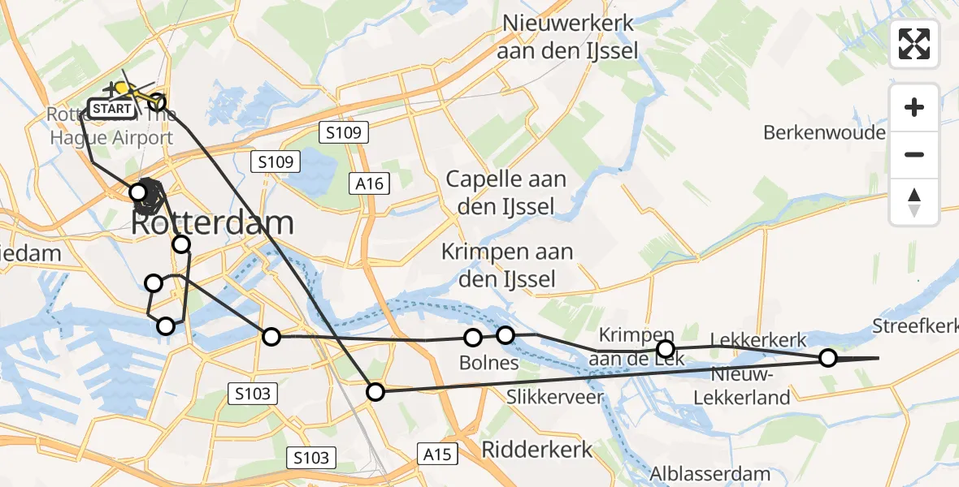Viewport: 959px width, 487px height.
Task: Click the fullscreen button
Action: tap(914, 44)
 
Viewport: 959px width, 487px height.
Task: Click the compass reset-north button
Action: tap(914, 202)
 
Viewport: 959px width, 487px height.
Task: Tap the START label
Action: tap(110, 108)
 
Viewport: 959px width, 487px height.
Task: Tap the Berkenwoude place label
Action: tap(824, 132)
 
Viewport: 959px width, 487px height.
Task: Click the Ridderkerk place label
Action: tap(537, 449)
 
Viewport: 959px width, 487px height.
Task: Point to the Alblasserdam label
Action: tap(709, 473)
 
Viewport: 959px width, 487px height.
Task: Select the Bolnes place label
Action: tap(488, 363)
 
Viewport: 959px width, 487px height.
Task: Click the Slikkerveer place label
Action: tap(554, 397)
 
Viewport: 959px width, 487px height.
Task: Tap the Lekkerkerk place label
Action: tap(757, 339)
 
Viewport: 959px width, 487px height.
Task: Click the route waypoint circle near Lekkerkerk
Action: tap(827, 357)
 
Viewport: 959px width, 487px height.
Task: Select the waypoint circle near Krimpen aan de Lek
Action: tap(666, 349)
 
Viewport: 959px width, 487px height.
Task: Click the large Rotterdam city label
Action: tap(211, 223)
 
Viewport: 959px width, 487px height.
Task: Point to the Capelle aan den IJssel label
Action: tap(506, 192)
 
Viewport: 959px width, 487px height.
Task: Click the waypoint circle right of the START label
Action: tap(157, 102)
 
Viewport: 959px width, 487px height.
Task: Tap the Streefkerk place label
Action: tap(914, 326)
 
